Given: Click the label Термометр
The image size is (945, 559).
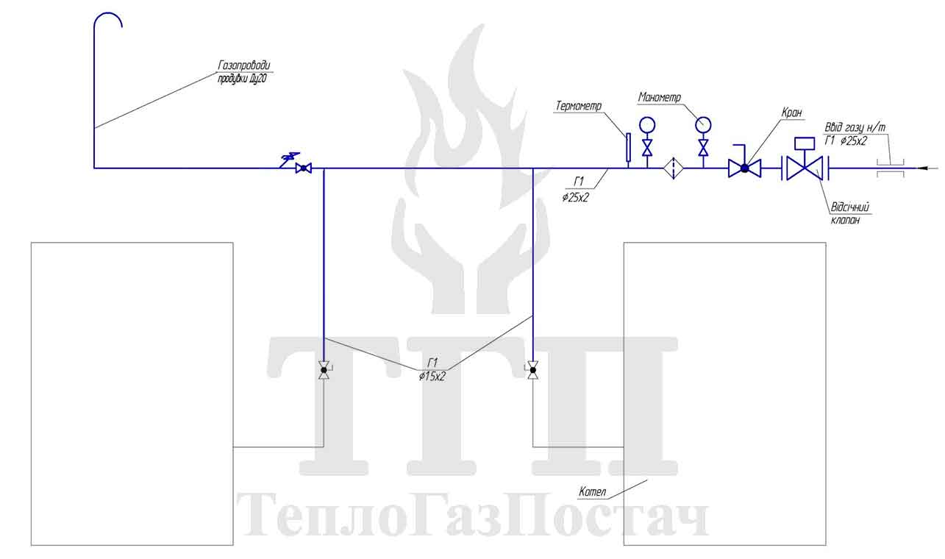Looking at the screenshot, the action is [578, 105].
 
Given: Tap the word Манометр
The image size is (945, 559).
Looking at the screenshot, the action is [660, 97].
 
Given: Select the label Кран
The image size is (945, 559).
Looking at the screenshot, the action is [791, 113].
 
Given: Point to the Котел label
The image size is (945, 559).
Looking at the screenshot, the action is [592, 491].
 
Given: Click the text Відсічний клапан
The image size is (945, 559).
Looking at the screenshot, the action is [849, 213].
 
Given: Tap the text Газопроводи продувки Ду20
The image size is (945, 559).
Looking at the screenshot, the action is [244, 72].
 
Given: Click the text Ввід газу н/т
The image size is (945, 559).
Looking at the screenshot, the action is [855, 127].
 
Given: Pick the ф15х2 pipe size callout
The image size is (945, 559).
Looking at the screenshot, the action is [432, 377].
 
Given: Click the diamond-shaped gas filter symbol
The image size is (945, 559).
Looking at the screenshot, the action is [674, 168].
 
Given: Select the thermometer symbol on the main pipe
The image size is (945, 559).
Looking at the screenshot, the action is [628, 147].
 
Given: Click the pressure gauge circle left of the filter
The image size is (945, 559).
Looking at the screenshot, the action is [647, 125].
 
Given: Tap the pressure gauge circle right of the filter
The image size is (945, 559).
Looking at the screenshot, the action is [703, 125].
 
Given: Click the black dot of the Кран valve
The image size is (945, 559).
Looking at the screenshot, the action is [745, 168].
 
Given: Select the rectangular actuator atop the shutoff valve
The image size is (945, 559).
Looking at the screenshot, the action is [805, 143].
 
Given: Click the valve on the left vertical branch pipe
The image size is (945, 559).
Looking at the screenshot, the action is [324, 370].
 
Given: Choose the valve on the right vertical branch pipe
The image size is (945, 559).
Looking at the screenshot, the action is [533, 370].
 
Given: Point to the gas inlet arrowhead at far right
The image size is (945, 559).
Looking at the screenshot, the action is [923, 168].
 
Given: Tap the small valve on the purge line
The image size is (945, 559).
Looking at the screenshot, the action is [304, 168].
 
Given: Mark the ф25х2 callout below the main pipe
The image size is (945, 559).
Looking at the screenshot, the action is [575, 197].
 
